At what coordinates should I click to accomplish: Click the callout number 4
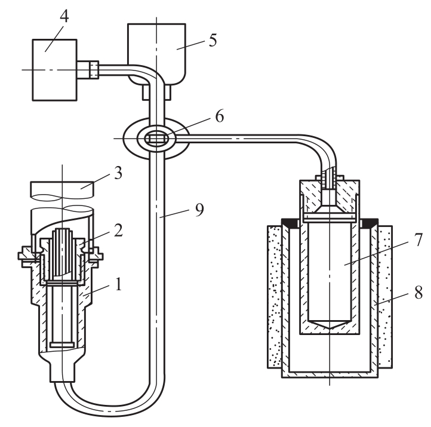click(64, 17)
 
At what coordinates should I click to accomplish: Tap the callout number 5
click(213, 40)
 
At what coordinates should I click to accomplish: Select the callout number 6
click(219, 116)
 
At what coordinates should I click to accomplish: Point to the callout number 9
click(199, 210)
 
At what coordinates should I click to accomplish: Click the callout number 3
click(118, 173)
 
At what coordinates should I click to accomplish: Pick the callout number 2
click(118, 231)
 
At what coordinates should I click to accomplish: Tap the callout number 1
click(118, 284)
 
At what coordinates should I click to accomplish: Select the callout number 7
click(418, 239)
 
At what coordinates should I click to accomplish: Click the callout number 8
click(418, 293)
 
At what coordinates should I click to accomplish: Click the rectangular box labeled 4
click(55, 70)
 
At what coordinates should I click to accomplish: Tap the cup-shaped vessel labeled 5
click(156, 54)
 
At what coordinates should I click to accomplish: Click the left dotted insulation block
click(275, 297)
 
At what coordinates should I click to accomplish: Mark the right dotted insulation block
click(385, 297)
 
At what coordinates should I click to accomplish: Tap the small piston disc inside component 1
click(62, 345)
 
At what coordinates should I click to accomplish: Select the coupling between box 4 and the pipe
click(88, 70)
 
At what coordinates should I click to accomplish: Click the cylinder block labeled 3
click(62, 191)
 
